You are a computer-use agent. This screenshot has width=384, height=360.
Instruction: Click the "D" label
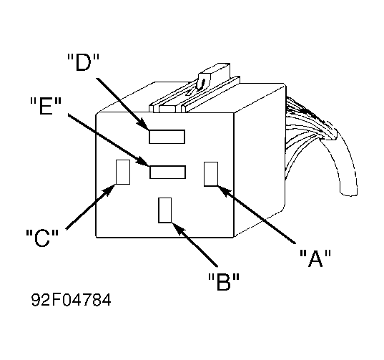click(83, 62)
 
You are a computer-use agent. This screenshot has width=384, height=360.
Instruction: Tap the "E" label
click(46, 106)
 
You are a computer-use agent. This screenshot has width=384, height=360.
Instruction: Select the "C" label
click(42, 238)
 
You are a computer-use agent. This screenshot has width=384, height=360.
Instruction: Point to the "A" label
click(315, 258)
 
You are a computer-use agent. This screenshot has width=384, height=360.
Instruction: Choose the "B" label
click(223, 281)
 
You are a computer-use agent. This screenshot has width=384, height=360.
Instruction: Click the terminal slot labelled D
click(167, 137)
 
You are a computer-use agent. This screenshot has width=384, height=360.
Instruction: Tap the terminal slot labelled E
click(167, 172)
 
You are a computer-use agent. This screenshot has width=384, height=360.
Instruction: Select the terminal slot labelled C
click(123, 172)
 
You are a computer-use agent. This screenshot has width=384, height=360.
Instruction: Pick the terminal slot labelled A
click(211, 174)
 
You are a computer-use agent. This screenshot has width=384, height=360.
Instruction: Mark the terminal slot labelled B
click(164, 210)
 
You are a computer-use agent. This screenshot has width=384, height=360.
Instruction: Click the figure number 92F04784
click(72, 300)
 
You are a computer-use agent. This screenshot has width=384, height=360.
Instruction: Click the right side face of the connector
click(260, 160)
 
